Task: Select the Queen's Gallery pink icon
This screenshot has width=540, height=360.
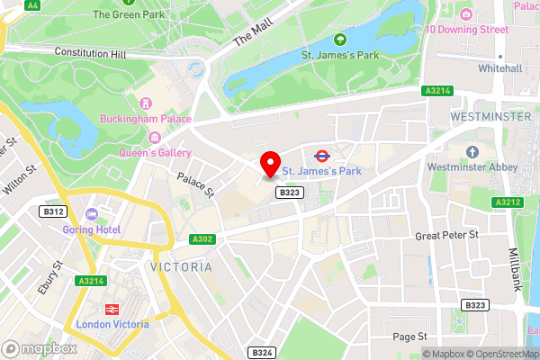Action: (156, 138)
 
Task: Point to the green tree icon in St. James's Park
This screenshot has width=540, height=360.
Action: (340, 40)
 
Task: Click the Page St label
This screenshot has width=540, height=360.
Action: (409, 337)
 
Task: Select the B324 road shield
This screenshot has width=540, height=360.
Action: (261, 352)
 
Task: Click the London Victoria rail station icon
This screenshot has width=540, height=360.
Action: (112, 309)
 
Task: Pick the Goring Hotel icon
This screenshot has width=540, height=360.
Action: (92, 214)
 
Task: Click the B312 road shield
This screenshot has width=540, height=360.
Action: (53, 211)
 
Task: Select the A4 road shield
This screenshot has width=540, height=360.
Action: (33, 5)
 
